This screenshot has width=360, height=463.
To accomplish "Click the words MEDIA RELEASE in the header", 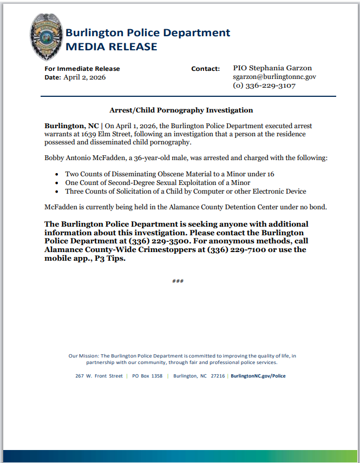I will click(x=111, y=47).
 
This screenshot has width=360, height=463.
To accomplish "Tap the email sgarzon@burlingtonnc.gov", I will click(x=274, y=77).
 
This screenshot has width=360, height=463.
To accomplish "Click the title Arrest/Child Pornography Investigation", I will click(x=181, y=110).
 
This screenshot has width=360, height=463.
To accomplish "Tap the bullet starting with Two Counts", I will click(x=170, y=174).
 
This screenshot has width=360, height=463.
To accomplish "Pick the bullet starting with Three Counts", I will click(x=186, y=191).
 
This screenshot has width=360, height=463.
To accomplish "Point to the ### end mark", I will click(x=178, y=282).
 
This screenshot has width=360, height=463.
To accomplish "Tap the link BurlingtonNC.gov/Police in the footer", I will click(x=258, y=376).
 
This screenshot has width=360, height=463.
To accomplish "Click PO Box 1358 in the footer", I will click(x=147, y=376).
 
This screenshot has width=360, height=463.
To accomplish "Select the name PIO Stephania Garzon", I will click(x=272, y=68).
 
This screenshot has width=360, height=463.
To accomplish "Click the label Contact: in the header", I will click(x=205, y=69).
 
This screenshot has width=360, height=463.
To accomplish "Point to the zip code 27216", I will click(x=218, y=376).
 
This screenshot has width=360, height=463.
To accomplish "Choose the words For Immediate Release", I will click(x=82, y=69).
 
